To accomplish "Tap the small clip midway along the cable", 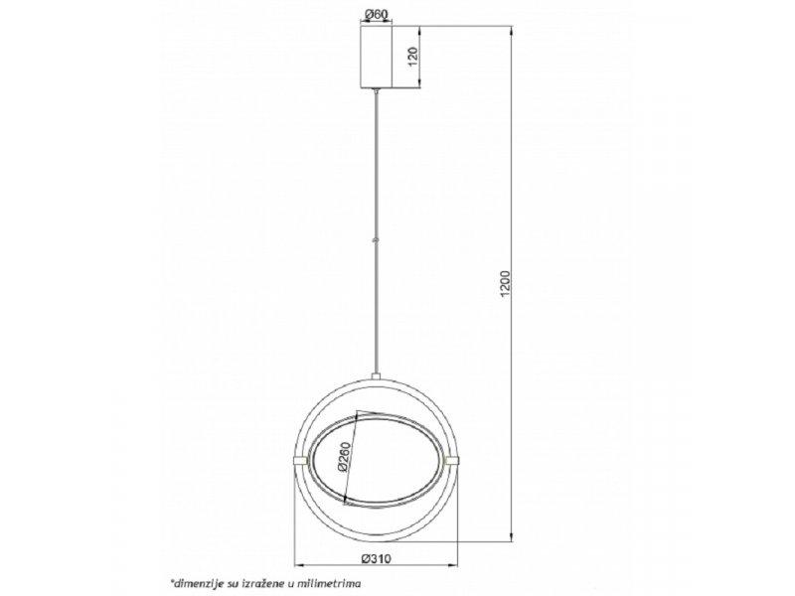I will [375, 238].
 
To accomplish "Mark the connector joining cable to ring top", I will [375, 375].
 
